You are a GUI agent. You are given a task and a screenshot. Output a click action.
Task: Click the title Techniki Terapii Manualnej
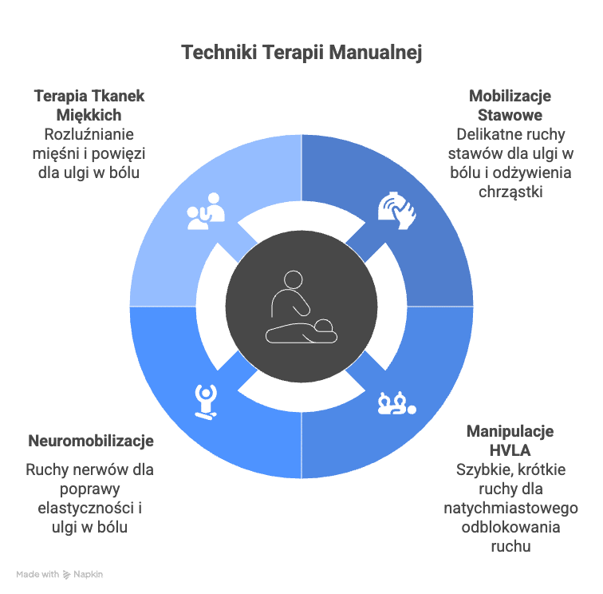coord(301,53)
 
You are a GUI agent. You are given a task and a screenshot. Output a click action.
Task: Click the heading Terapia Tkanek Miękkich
coord(89,105)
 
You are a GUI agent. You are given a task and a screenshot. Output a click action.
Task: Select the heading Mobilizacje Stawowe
coord(510,105)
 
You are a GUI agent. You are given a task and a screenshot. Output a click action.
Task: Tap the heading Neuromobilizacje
coord(91,441)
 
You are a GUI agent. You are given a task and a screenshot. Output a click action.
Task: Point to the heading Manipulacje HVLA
coord(510,441)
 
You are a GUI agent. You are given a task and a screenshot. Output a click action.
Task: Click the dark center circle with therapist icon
coord(301,307)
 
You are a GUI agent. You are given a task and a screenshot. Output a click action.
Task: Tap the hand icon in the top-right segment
coord(397,210)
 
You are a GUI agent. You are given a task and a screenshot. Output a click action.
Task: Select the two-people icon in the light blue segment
coord(206,211)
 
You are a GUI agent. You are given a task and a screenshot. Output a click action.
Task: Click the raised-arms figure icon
coord(206,402)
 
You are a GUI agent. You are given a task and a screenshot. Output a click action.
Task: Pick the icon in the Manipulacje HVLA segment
coord(397,403)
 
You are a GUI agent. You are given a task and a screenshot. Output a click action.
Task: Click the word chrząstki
coord(510,192)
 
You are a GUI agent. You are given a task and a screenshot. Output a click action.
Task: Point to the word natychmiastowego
coord(510,508)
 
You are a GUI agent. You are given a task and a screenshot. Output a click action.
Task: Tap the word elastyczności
coord(85,508)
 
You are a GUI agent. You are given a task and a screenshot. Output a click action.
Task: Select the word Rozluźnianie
coord(89,134)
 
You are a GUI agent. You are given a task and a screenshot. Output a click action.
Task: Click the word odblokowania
coord(510,527)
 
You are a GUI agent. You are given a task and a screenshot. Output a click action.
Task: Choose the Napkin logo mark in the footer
coord(66,575)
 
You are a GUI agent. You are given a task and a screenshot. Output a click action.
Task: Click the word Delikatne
coord(485,134)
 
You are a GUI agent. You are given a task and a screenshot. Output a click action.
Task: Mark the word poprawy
coord(89,489)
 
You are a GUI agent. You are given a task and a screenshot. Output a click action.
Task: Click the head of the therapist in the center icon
coord(293,280)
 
